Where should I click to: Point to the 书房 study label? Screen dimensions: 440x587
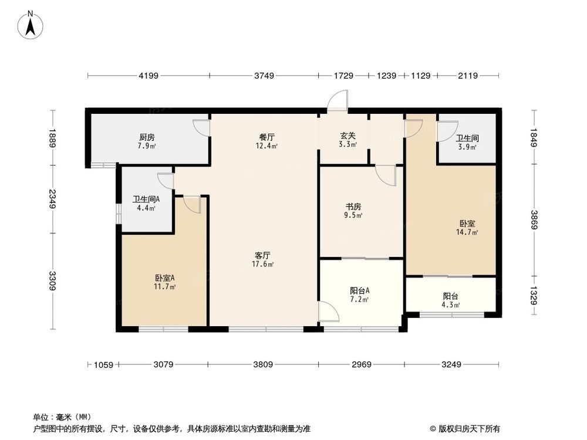pos(353,207)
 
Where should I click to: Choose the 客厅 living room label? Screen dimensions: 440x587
pos(262,255)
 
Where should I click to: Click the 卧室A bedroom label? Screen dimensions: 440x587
pos(165,277)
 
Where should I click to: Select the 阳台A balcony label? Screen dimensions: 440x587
pos(359,290)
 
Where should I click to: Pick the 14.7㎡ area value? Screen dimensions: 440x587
pos(468,232)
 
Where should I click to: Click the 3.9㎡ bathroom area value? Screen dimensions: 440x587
pos(467,147)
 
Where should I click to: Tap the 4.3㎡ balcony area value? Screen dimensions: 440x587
pos(451,304)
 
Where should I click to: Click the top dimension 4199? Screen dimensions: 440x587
pos(149,75)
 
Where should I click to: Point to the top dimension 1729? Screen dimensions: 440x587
pos(343,75)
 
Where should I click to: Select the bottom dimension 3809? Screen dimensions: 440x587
pos(263,365)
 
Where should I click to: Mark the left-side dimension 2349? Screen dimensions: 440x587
pos(53,199)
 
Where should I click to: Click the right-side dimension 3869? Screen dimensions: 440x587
pos(534,221)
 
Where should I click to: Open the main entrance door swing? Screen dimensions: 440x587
pos(338,101)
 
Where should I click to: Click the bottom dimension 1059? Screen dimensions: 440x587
pos(103,365)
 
